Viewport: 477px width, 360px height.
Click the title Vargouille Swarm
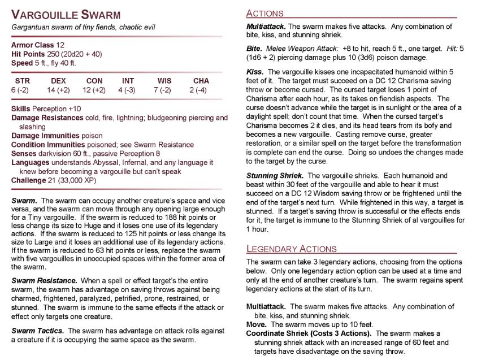pyautogui.click(x=67, y=15)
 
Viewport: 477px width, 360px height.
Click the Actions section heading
pyautogui.click(x=265, y=13)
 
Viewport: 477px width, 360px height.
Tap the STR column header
pyautogui.click(x=23, y=81)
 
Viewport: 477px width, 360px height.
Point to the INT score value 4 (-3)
pyautogui.click(x=128, y=89)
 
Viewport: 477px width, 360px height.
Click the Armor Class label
pyautogui.click(x=33, y=45)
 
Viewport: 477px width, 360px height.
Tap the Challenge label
pyautogui.click(x=28, y=180)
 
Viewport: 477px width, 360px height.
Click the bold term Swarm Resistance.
pyautogui.click(x=44, y=281)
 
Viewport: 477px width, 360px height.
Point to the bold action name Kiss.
pyautogui.click(x=255, y=72)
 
